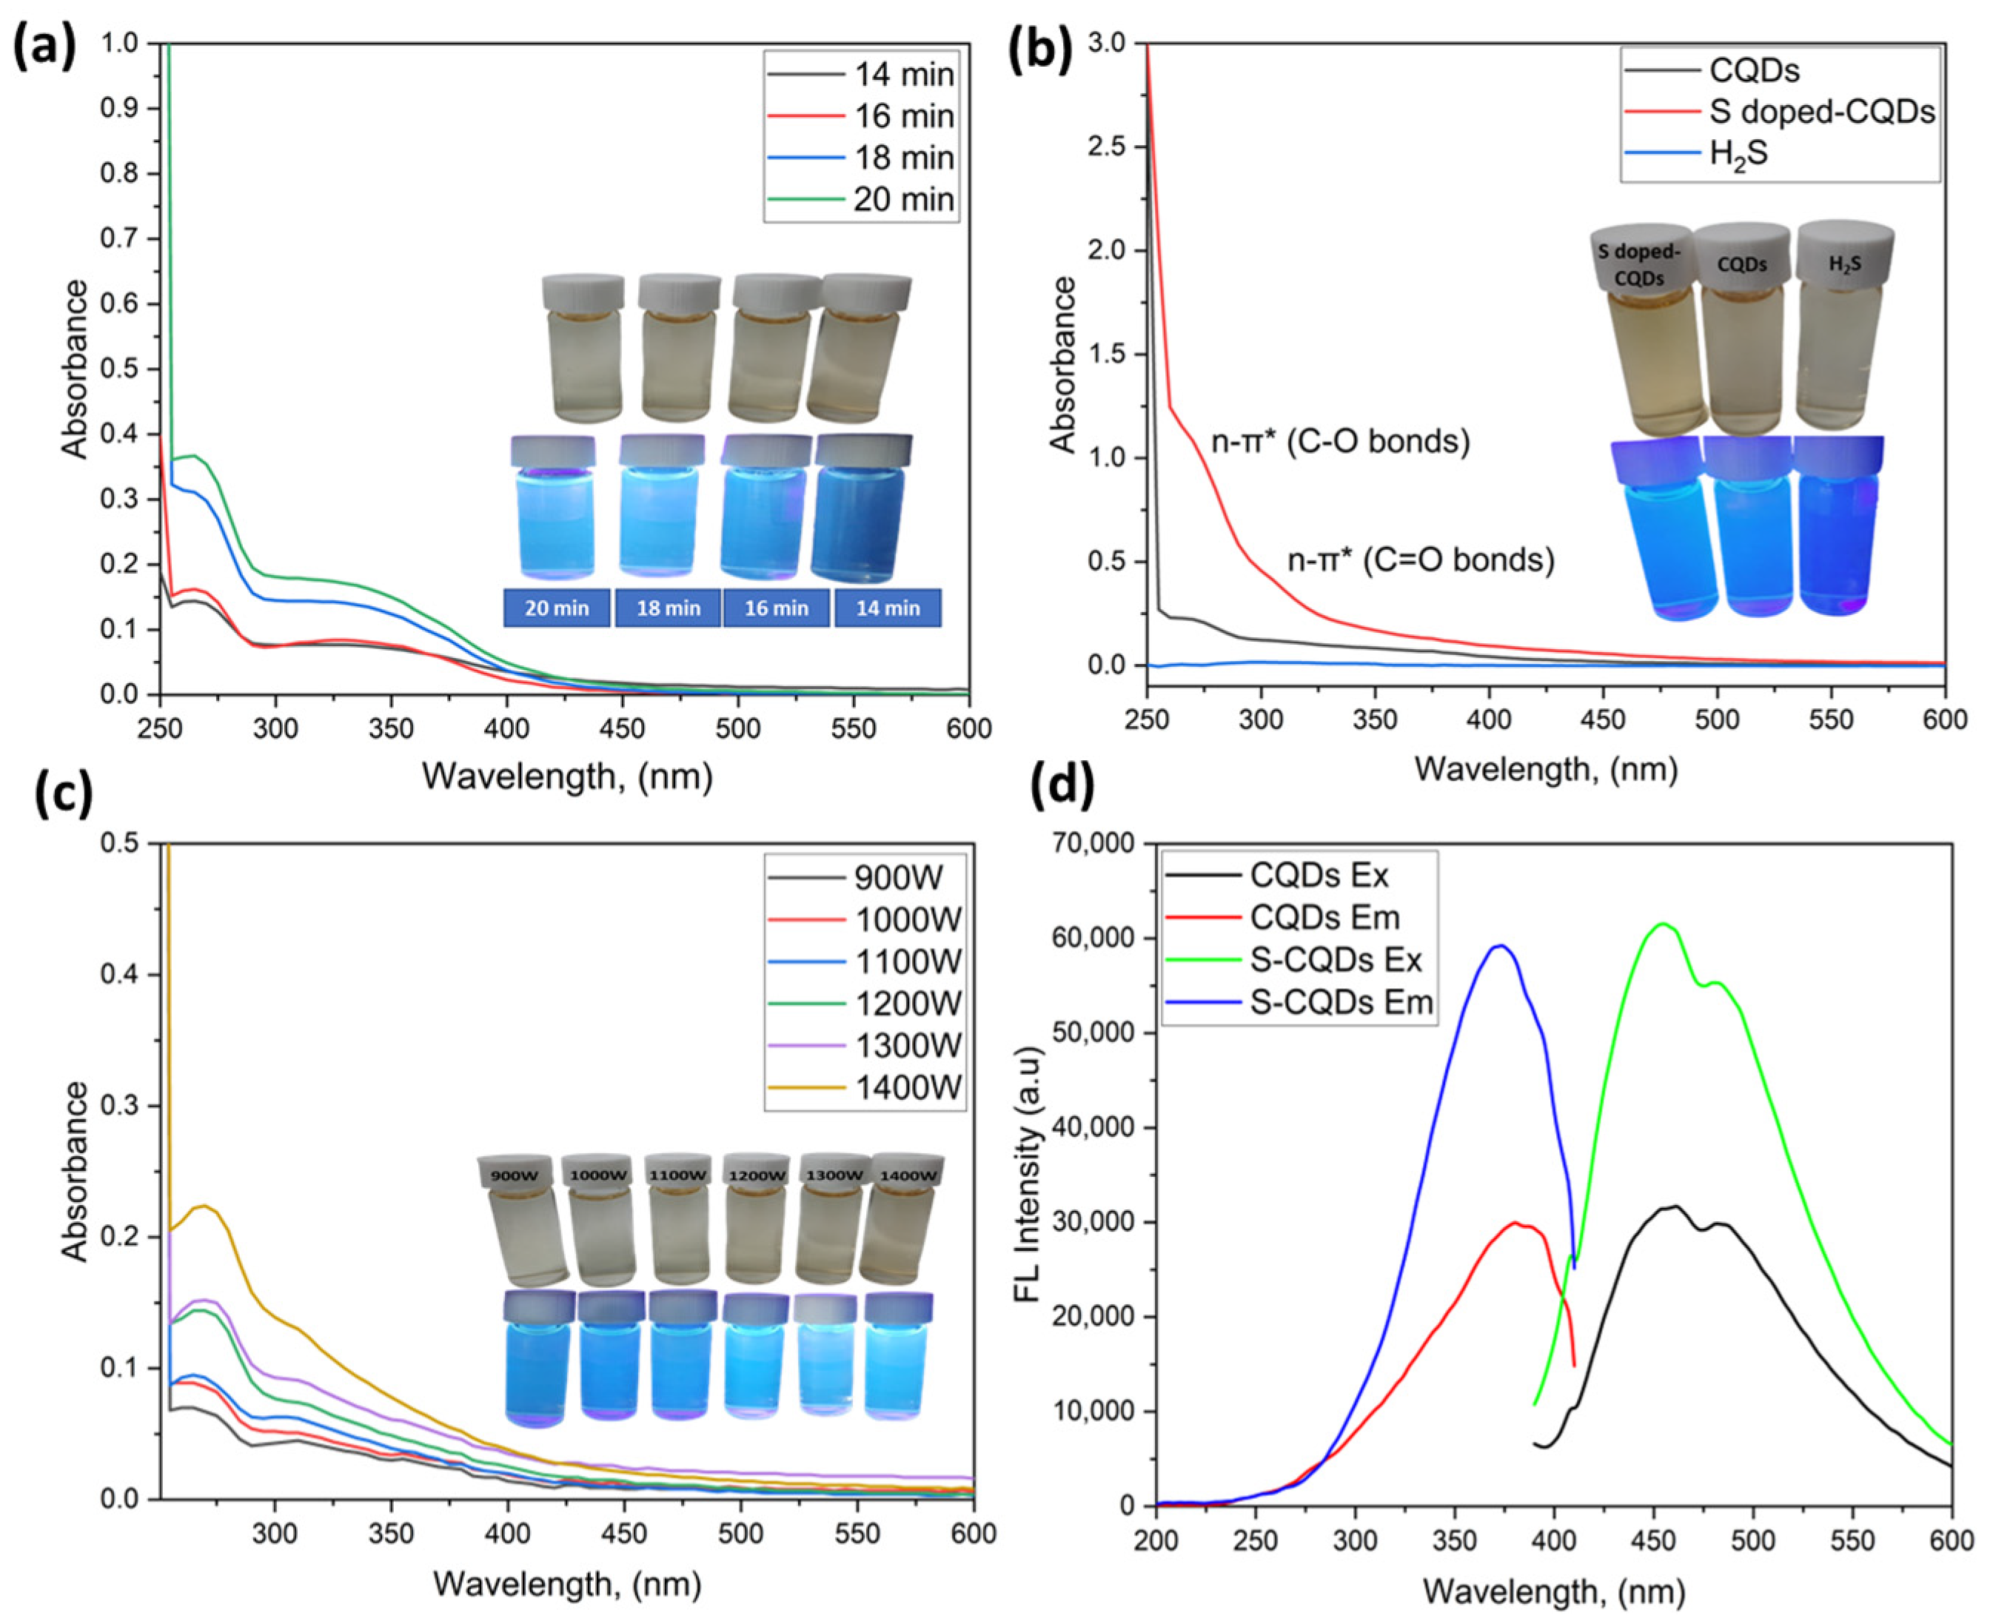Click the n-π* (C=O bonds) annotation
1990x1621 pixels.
(x=1421, y=560)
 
